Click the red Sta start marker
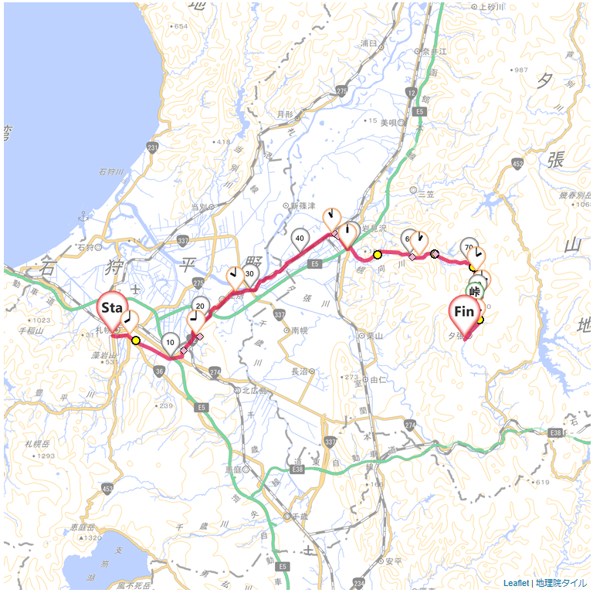tap(112, 309)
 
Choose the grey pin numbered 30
tap(249, 274)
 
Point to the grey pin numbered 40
tap(300, 239)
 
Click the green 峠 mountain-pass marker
tap(476, 292)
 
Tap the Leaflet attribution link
tap(516, 583)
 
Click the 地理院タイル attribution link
tap(561, 583)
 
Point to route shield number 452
tap(517, 163)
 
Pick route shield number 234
tap(358, 584)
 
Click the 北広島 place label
tap(254, 391)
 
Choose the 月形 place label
tap(284, 114)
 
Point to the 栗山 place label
tap(375, 336)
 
